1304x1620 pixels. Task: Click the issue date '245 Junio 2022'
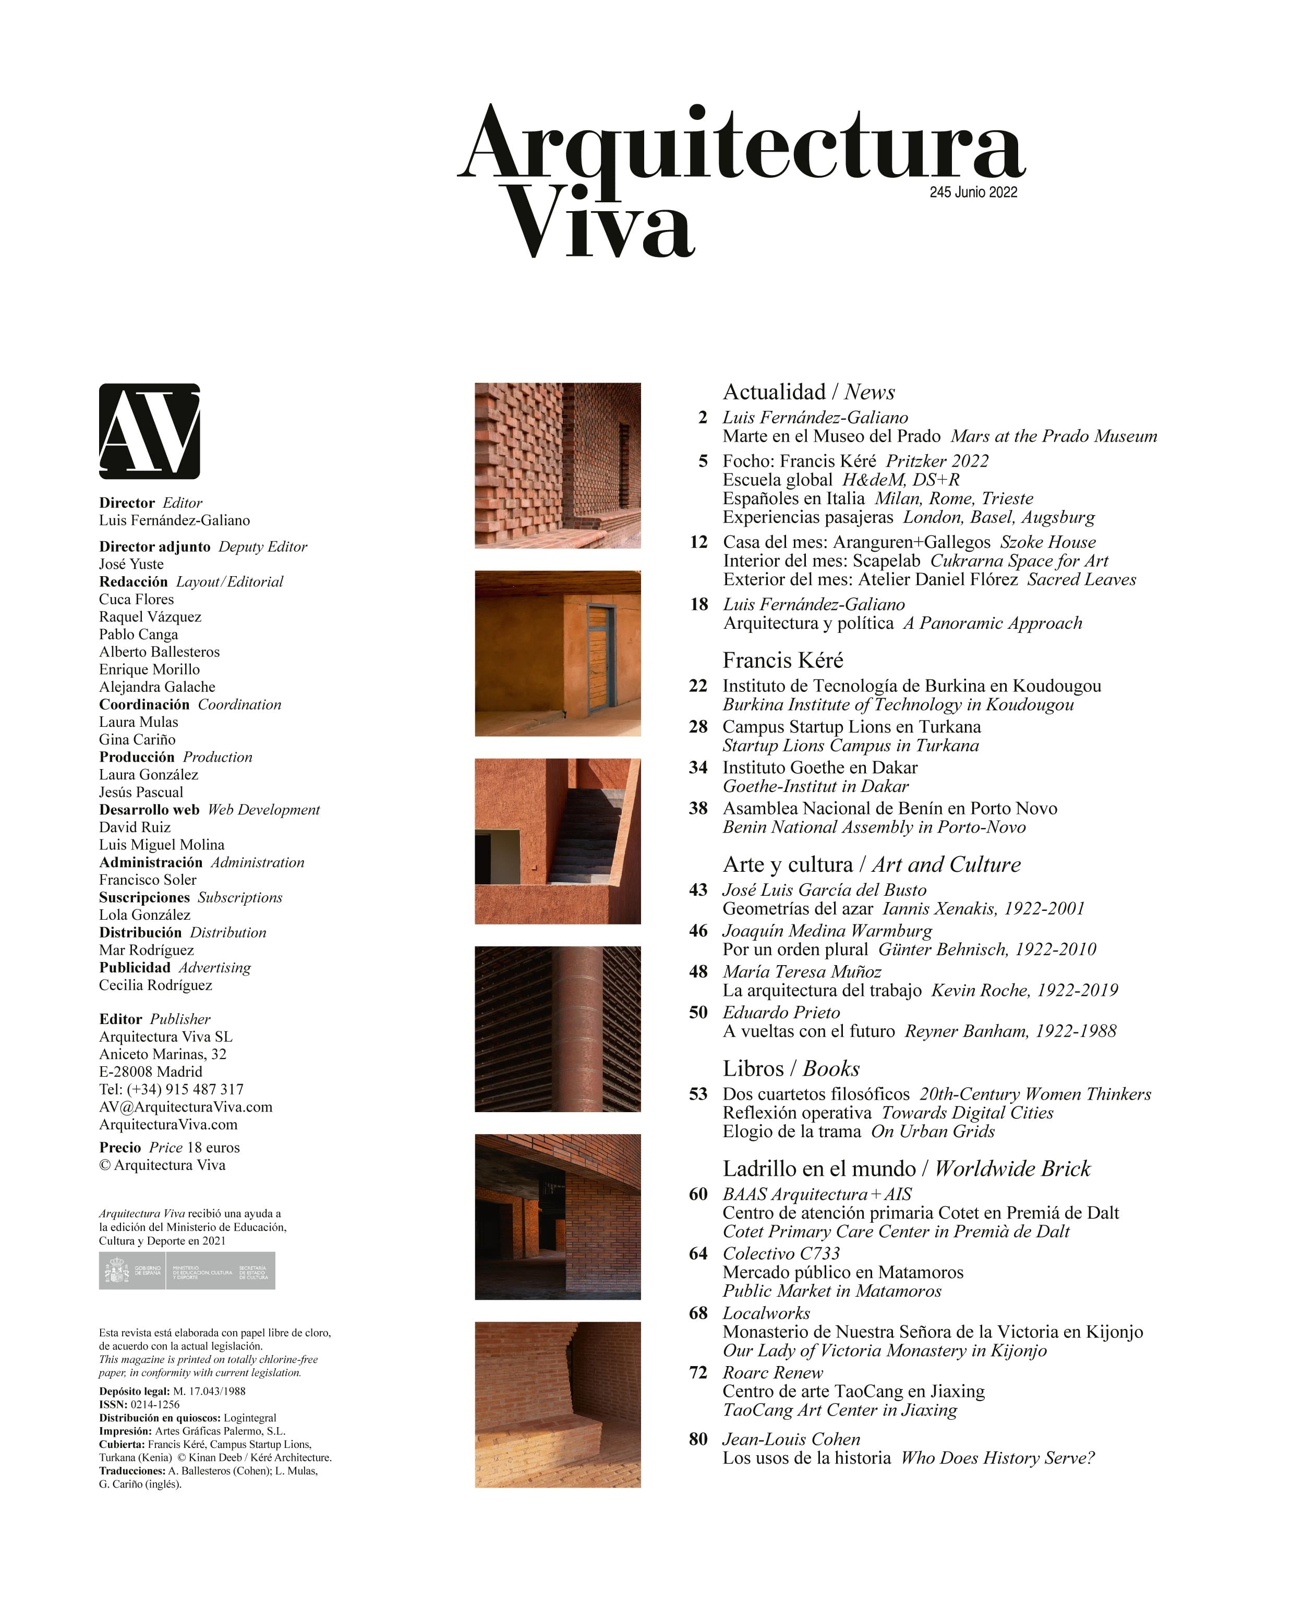pyautogui.click(x=973, y=192)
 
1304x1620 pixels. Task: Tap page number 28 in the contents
pyautogui.click(x=698, y=727)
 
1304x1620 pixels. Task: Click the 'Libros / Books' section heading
pyautogui.click(x=791, y=1068)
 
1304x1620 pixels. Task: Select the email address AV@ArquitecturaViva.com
pyautogui.click(x=186, y=1107)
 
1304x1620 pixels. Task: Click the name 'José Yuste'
pyautogui.click(x=131, y=564)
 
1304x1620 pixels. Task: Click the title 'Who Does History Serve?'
pyautogui.click(x=997, y=1458)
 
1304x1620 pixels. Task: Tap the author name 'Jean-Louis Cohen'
pyautogui.click(x=791, y=1439)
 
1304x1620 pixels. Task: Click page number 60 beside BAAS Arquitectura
pyautogui.click(x=698, y=1194)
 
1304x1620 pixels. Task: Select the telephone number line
pyautogui.click(x=172, y=1090)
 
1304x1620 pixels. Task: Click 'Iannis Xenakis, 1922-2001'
pyautogui.click(x=983, y=908)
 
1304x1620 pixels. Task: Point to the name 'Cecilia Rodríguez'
pyautogui.click(x=155, y=985)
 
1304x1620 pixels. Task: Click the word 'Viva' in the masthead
pyautogui.click(x=598, y=222)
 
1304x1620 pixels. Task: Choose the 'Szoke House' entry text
pyautogui.click(x=1048, y=542)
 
